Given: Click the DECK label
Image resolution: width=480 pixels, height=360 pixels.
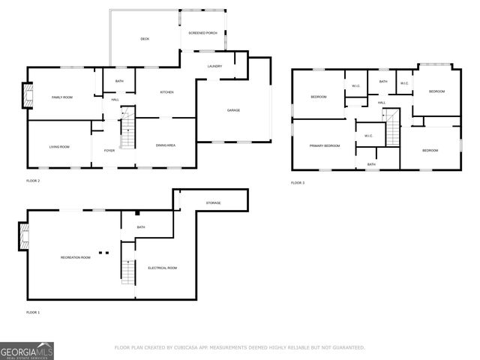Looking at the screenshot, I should pos(145,39).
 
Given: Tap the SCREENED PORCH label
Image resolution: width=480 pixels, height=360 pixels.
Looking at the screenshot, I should pos(202,33).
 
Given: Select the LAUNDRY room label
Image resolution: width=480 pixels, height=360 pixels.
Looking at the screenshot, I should pos(214,67).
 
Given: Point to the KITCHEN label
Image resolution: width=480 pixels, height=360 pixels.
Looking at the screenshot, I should pos(166,92).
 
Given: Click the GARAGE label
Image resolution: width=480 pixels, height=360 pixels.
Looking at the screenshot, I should pos(233,110).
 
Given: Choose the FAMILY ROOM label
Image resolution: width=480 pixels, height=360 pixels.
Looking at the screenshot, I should pos(61,97).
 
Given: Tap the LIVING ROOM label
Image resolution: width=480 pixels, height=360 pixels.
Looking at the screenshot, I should pos(59,146).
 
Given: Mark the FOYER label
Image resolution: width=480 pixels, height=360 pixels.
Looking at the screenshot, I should pos(109,150).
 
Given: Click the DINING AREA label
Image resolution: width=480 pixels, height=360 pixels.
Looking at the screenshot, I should pos(166,145).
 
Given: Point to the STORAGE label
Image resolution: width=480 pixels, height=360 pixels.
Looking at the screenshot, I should pos(214,202).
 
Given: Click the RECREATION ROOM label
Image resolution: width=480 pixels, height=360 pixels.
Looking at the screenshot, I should pos(75,257).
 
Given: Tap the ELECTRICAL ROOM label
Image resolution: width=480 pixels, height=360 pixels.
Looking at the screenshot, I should pos(162,268).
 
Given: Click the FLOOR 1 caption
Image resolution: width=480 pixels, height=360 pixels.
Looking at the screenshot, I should pos(33,312).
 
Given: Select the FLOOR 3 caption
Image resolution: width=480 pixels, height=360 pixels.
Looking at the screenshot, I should pos(298,183).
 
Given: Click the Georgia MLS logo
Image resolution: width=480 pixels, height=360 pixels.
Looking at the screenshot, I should pos(27,350).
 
